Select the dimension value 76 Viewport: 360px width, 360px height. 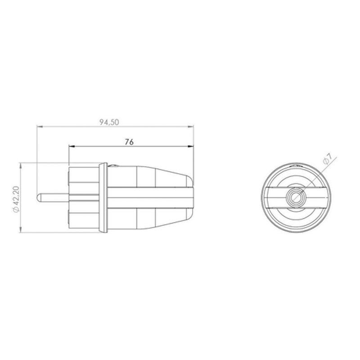click(129, 142)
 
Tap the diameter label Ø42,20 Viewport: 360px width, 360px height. click(16, 198)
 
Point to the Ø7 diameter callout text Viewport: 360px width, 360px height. click(327, 158)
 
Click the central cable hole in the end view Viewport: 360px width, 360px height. click(296, 197)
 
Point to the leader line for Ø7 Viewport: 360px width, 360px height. click(315, 175)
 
